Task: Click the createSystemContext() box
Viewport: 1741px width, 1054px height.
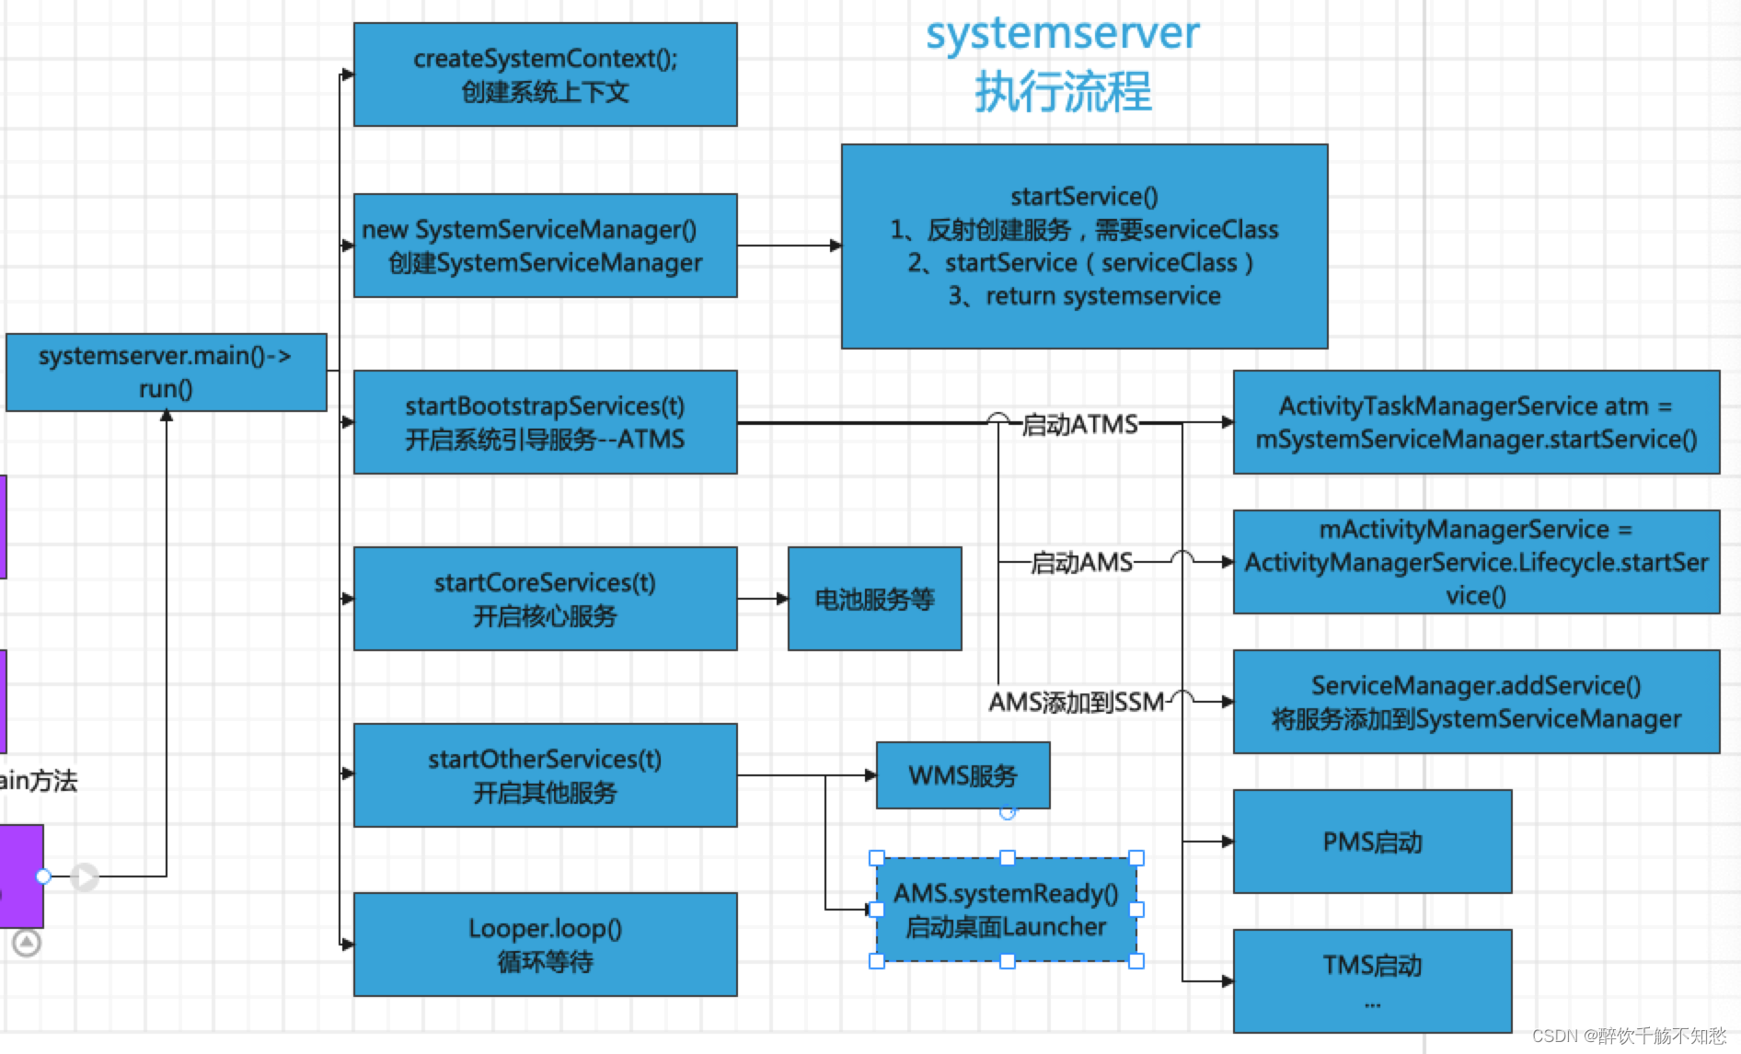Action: [x=545, y=74]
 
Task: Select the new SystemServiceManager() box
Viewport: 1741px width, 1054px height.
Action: [x=545, y=246]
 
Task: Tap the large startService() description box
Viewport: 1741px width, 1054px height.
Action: [x=1084, y=246]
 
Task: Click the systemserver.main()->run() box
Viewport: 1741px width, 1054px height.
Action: [x=166, y=372]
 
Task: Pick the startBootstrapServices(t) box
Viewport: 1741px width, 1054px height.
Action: [x=545, y=422]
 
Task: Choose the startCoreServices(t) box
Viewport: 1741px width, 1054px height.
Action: [x=545, y=599]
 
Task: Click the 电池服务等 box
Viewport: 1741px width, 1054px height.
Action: [x=874, y=599]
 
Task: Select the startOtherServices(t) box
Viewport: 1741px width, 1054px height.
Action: [x=545, y=775]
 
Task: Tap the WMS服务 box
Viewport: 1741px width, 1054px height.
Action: [x=963, y=775]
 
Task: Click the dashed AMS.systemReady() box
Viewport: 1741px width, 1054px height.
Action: [x=1006, y=910]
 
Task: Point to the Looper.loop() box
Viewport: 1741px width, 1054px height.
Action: [x=545, y=945]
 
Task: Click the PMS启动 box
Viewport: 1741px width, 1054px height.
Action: [x=1372, y=842]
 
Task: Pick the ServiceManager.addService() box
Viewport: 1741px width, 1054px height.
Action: [x=1476, y=702]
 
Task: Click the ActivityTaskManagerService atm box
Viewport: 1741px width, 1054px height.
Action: [x=1476, y=422]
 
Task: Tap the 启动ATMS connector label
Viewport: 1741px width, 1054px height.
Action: [x=1079, y=424]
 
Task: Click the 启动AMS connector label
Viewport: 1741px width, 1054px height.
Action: [x=1080, y=562]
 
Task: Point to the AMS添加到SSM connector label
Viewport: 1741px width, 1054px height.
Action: [x=1076, y=703]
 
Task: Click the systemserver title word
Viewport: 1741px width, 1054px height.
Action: [x=1062, y=33]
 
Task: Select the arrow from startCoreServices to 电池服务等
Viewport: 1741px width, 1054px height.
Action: [x=762, y=599]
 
